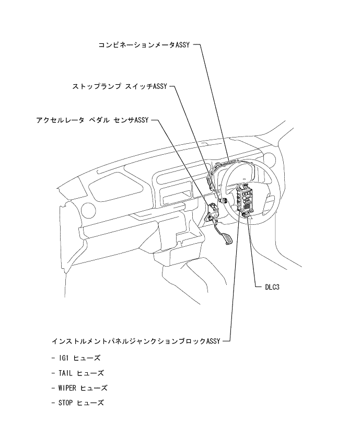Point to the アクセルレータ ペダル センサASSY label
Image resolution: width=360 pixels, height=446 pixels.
click(x=92, y=120)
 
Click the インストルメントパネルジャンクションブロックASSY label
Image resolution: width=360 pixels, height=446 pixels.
click(x=136, y=341)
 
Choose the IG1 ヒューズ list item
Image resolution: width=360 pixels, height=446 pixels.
click(x=79, y=358)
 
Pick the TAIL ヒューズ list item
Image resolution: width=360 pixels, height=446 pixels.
click(x=81, y=373)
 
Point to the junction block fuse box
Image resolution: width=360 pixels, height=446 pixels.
click(x=245, y=198)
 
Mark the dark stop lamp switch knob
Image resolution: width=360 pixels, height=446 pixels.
click(x=224, y=200)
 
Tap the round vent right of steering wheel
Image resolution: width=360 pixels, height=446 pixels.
click(x=271, y=159)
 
